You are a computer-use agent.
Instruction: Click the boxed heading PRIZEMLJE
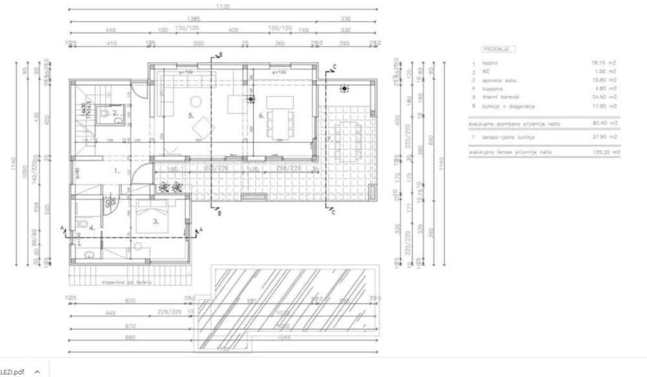tap(498, 49)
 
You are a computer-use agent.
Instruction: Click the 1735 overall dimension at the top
tap(223, 7)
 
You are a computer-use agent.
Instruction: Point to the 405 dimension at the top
tap(234, 30)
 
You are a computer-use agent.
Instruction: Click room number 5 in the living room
tap(191, 115)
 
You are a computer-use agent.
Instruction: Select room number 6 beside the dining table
tap(261, 115)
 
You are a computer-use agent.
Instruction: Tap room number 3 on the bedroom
tap(155, 221)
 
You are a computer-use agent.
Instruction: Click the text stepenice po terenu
tap(122, 282)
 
